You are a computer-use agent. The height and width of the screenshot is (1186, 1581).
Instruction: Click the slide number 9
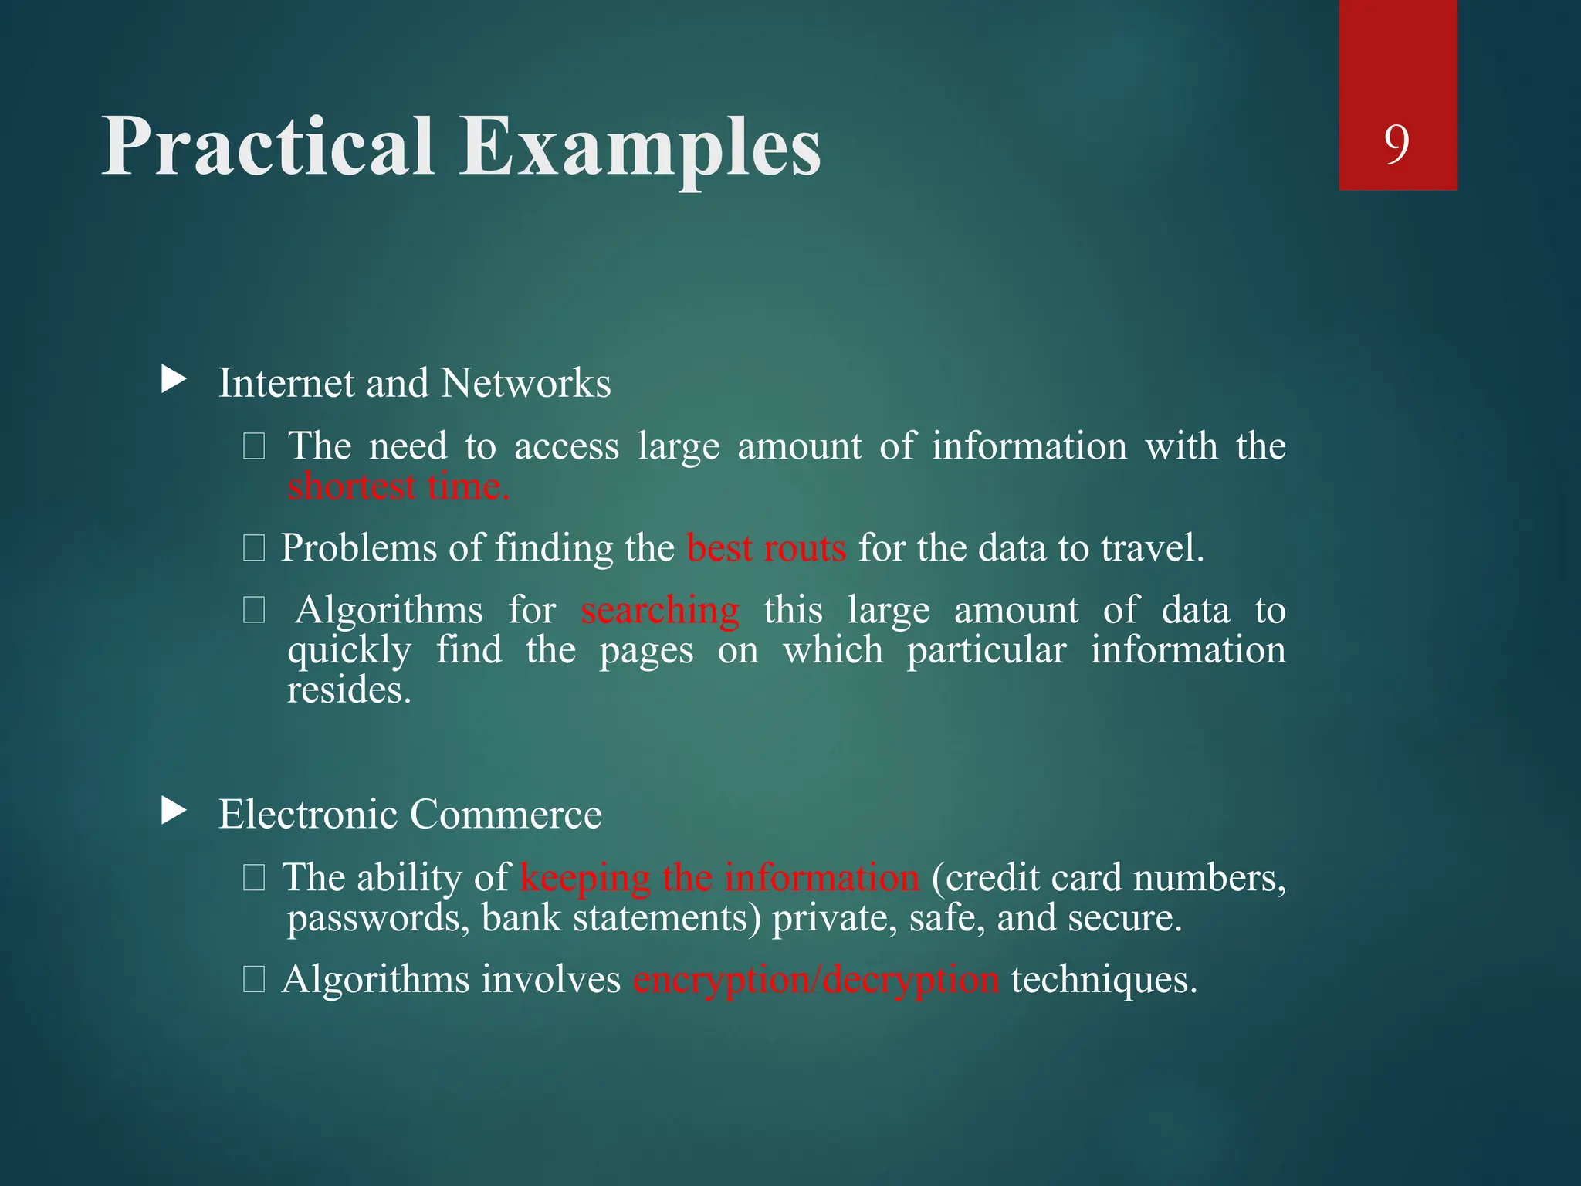[x=1396, y=144]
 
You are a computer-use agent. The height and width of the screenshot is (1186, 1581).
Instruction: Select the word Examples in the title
[x=640, y=148]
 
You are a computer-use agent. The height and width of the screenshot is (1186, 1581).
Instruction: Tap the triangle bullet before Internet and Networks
[x=174, y=379]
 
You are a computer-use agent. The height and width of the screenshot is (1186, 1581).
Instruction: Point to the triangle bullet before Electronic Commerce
[x=174, y=811]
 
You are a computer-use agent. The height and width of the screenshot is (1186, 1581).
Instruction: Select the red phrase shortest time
[x=398, y=486]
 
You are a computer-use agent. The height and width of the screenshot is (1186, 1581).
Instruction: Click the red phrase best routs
[x=766, y=548]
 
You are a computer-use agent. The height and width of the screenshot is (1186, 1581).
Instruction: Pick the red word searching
[x=660, y=610]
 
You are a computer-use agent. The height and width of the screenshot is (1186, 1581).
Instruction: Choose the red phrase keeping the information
[x=719, y=878]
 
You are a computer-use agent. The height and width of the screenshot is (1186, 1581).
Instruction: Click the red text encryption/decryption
[x=816, y=980]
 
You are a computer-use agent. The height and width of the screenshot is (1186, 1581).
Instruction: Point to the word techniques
[x=1104, y=980]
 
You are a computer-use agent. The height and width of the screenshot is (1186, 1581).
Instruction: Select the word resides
[x=349, y=690]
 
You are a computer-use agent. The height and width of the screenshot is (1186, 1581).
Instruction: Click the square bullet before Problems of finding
[x=254, y=549]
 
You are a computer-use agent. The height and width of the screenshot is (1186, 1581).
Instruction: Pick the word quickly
[x=349, y=651]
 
